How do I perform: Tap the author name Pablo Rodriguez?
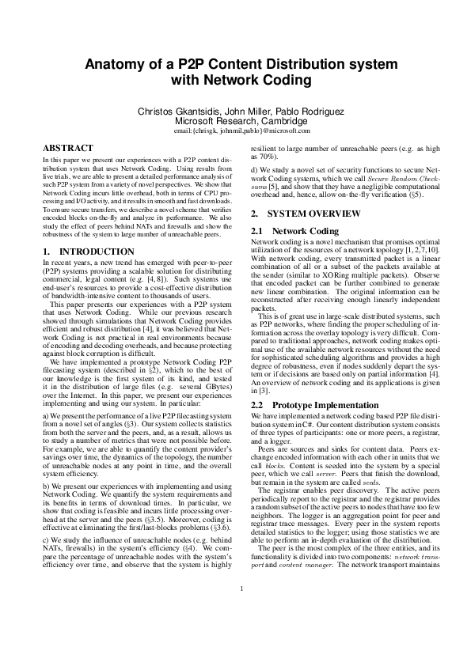tap(304, 112)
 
